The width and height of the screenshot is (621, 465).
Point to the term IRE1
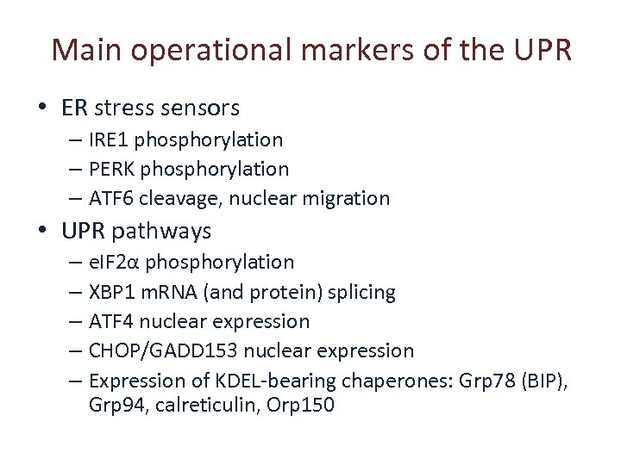[x=110, y=139]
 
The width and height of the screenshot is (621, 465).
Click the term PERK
[x=112, y=169]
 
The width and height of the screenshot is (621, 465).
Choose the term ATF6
[x=111, y=198]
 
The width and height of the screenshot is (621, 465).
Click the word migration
[x=348, y=198]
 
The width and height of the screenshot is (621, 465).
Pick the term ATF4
[x=111, y=321]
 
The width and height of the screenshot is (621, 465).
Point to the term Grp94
[x=114, y=404]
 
